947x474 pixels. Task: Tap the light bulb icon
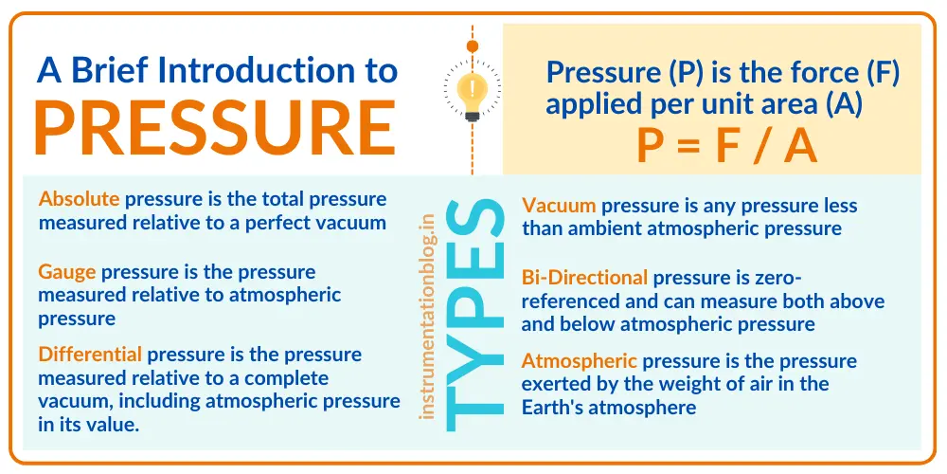[472, 91]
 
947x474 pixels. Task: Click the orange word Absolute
[79, 199]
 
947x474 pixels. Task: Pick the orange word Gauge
[66, 272]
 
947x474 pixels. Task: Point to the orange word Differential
[90, 355]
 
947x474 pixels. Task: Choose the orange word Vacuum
[559, 205]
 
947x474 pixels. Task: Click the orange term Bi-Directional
[584, 278]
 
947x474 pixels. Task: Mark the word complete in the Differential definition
[284, 377]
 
